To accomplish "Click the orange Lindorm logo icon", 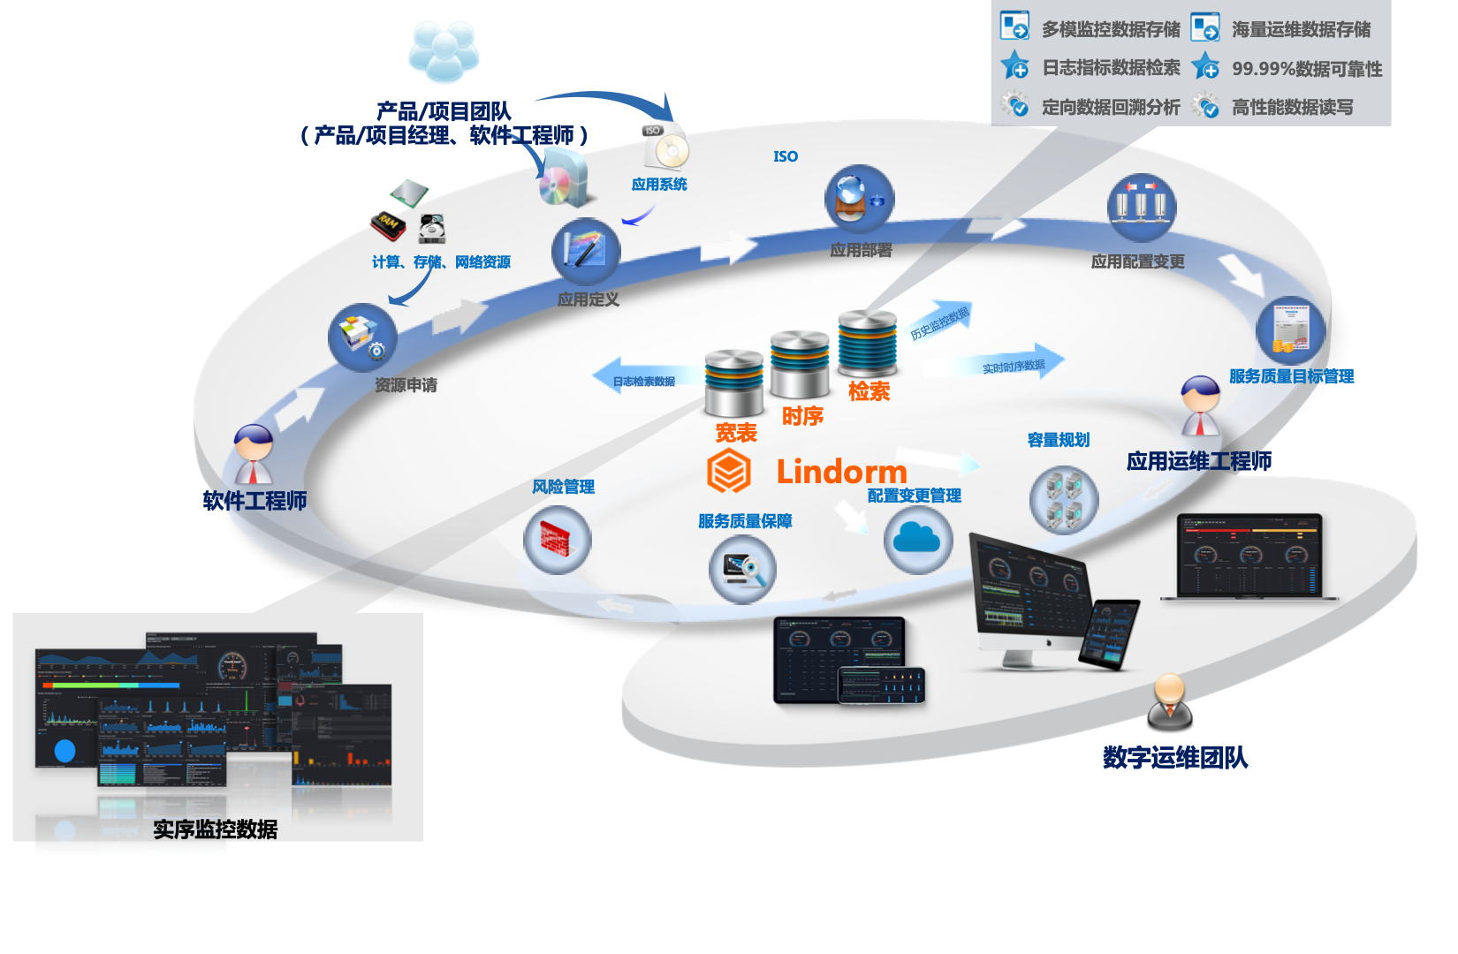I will coord(728,471).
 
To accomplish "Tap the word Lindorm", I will coord(841,472).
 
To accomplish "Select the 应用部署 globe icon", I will coord(859,200).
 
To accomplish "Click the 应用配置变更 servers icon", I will coord(1141,208).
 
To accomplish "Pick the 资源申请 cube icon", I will coord(362,337).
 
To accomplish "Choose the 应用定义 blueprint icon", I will coord(586,252).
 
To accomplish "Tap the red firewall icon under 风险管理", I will coord(557,540).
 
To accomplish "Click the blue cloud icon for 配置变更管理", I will coord(917,540).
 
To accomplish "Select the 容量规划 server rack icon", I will coord(1064,500).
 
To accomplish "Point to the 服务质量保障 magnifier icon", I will coord(742,570).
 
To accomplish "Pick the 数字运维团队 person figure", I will coord(1170,701).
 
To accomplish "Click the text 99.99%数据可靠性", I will coord(1306,69).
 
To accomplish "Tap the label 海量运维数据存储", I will coord(1301,30).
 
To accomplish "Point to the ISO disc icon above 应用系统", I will coord(666,146).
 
